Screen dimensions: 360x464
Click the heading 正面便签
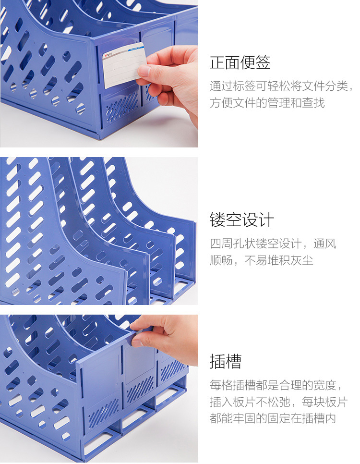tap(240, 62)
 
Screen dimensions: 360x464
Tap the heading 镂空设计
tap(241, 220)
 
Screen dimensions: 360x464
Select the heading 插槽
tap(226, 361)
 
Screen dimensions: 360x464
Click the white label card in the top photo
tap(124, 65)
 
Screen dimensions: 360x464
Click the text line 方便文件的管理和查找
tap(267, 103)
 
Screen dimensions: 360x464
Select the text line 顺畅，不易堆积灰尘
tap(262, 260)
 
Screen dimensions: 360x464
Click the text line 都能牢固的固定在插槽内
tap(273, 418)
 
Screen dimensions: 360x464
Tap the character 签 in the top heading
tap(263, 62)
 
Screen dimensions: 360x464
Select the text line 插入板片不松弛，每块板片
tap(279, 402)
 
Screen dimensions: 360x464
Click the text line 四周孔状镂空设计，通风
tap(273, 244)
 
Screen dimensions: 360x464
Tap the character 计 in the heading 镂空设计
tap(266, 220)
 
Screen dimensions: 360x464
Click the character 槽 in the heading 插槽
tap(233, 361)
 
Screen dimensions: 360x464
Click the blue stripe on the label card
tap(135, 49)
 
